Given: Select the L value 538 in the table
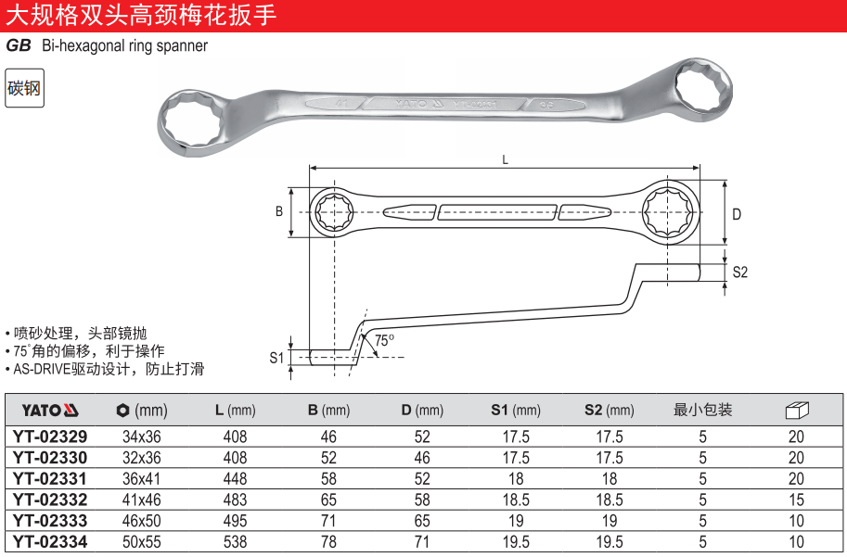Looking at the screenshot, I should tap(235, 542).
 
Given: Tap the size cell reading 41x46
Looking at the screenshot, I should tap(142, 500).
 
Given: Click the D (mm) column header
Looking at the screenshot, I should tap(422, 410).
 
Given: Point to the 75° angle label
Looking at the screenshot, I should tap(384, 341).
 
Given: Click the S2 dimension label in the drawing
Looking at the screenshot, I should tap(739, 272).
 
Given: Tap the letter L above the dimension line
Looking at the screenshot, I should tap(505, 159).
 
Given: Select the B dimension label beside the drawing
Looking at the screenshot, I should tap(278, 211).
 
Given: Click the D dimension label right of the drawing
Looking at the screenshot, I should tap(737, 215).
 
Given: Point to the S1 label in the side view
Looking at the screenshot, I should tap(276, 358).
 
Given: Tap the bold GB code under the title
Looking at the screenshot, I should tap(18, 45).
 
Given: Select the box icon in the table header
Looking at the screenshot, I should tap(796, 409).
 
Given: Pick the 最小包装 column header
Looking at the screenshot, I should tap(702, 410).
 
